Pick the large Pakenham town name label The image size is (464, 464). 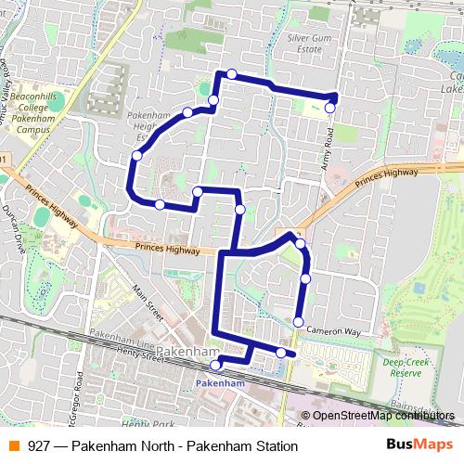pos(186,353)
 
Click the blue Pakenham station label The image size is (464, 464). pos(220,382)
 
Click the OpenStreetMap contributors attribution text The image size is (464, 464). pos(382,415)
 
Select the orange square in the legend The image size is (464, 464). pos(14,445)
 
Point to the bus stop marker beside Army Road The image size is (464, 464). pos(329,109)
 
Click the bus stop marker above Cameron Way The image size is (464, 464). pos(298,322)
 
